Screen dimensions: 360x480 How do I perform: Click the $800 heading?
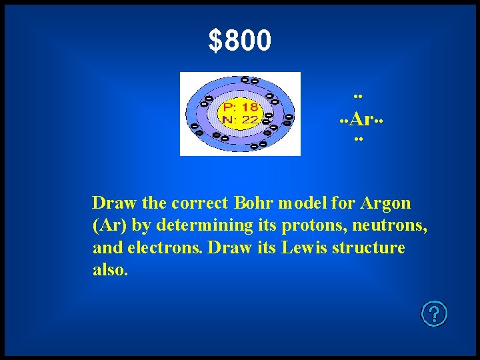pos(240,41)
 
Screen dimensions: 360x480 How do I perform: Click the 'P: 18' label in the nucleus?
pos(240,107)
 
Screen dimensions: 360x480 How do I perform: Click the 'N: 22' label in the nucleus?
pos(240,119)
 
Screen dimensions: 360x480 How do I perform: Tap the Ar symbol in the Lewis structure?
pos(361,119)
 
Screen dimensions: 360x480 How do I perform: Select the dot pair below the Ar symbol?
pos(358,140)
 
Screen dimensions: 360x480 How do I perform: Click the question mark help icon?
pos(434,313)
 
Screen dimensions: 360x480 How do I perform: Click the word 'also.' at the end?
pos(110,271)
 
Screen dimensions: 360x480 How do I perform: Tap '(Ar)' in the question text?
pos(107,225)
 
